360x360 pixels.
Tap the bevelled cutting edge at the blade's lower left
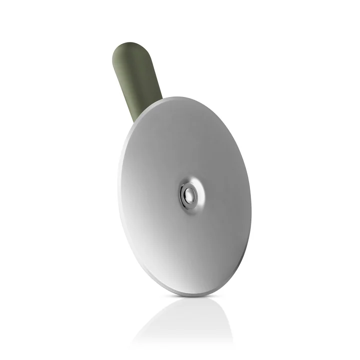point(140,260)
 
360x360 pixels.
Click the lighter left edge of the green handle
point(118,75)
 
